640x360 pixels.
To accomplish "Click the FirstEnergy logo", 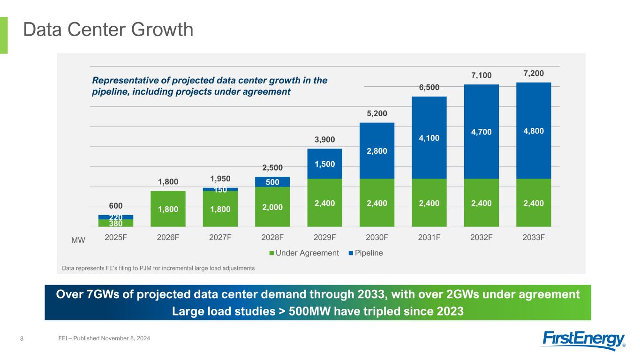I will point(584,340).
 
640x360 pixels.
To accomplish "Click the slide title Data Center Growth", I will point(108,30).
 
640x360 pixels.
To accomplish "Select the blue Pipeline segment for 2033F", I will point(534,131).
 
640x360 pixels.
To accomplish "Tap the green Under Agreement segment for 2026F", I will point(168,209).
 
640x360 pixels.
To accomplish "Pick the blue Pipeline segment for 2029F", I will point(325,164).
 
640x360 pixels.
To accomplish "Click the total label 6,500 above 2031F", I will point(429,88).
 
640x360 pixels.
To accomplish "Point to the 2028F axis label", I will point(272,237).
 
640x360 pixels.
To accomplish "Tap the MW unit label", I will point(78,240).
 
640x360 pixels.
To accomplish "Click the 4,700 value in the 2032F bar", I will point(482,132).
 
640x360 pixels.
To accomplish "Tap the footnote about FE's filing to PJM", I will point(158,268).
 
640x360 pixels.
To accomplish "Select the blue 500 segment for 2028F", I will point(272,182).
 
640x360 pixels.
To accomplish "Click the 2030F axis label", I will point(377,237).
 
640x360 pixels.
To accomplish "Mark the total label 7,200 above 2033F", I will point(534,74).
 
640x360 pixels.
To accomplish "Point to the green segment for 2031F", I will point(429,203).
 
